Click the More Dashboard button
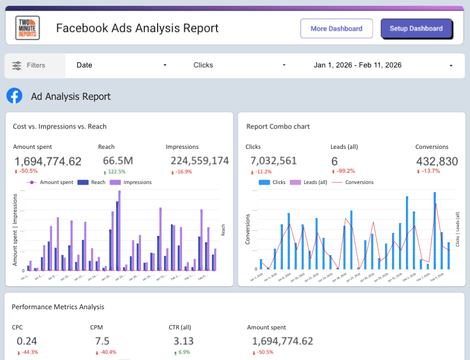(336, 28)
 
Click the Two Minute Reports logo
(28, 28)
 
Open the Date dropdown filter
(121, 65)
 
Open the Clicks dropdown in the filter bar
(239, 65)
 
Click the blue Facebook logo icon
(14, 96)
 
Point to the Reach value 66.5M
(118, 161)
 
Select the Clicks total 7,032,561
(274, 161)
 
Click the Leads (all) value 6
(334, 161)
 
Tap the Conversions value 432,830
(437, 161)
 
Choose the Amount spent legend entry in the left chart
(51, 182)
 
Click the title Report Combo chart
(278, 126)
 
